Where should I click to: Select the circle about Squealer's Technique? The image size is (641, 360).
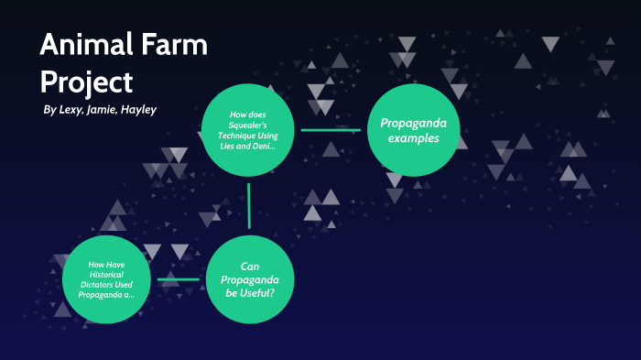click(x=248, y=129)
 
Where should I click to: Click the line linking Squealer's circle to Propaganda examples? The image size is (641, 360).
click(x=331, y=130)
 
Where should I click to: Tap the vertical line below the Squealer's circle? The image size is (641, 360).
click(x=248, y=205)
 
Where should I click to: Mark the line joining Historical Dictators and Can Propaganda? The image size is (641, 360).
click(x=179, y=278)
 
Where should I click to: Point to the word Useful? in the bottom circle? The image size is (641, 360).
click(x=248, y=293)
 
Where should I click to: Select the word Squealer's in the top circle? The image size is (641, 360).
click(x=248, y=125)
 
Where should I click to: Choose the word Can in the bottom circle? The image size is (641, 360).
click(x=249, y=265)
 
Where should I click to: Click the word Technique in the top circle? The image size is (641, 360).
click(x=248, y=135)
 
